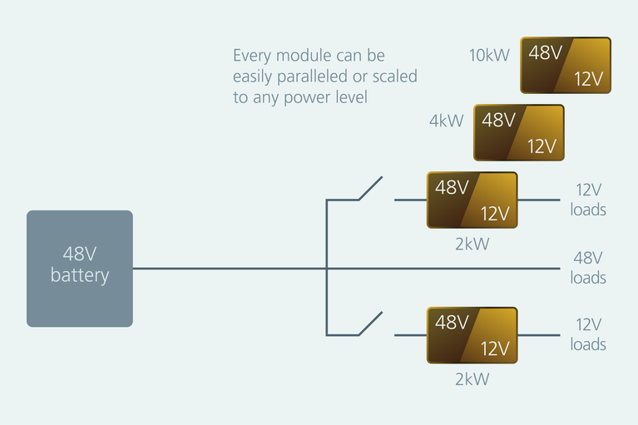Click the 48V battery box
[80, 268]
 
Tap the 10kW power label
[488, 56]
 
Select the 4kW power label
[446, 121]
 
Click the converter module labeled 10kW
[566, 65]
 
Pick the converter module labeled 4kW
[519, 132]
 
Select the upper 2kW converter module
[472, 200]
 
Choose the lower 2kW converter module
[472, 334]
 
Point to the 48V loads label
[588, 268]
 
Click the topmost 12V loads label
[588, 200]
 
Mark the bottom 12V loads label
[588, 334]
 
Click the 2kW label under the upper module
[472, 245]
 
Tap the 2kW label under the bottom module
[472, 379]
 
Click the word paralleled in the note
[314, 77]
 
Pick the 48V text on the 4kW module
[498, 120]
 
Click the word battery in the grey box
[80, 276]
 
